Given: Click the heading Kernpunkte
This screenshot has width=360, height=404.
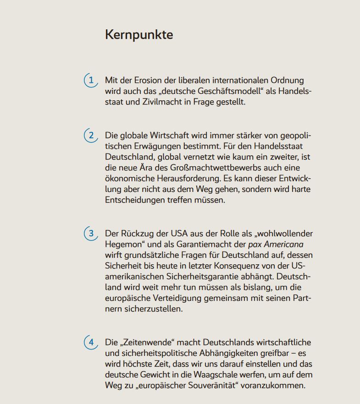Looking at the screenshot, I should [x=139, y=35].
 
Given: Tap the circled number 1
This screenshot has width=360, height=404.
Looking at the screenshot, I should [x=91, y=81].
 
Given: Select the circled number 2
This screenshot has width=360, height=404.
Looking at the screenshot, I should [x=91, y=135].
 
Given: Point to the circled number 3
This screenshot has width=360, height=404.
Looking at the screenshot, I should [x=91, y=234].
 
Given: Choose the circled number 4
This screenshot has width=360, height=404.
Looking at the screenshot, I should [x=91, y=342].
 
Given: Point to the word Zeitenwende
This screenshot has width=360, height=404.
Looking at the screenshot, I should [x=148, y=342].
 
